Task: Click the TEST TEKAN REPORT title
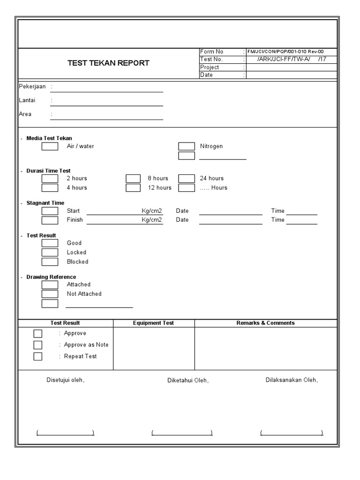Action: pyautogui.click(x=108, y=63)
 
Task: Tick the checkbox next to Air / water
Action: pyautogui.click(x=50, y=146)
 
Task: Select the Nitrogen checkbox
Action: pyautogui.click(x=187, y=146)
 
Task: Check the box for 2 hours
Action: pyautogui.click(x=50, y=178)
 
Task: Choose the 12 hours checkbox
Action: pyautogui.click(x=133, y=188)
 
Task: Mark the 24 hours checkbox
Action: pyautogui.click(x=187, y=178)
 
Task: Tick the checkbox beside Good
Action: pyautogui.click(x=50, y=243)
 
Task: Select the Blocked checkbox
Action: pyautogui.click(x=50, y=262)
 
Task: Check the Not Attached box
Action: pyautogui.click(x=50, y=294)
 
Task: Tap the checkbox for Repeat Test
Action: pyautogui.click(x=38, y=356)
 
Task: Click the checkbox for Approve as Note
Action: pyautogui.click(x=38, y=345)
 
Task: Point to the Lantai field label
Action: pyautogui.click(x=27, y=100)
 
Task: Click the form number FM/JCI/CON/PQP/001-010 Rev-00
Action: pyautogui.click(x=285, y=52)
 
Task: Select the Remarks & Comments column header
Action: pyautogui.click(x=265, y=323)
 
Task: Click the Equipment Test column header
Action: pyautogui.click(x=153, y=323)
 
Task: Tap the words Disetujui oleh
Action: pyautogui.click(x=65, y=380)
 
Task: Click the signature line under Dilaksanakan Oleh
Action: pyautogui.click(x=292, y=433)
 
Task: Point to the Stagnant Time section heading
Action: pyautogui.click(x=45, y=203)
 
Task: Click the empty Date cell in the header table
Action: pyautogui.click(x=292, y=75)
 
